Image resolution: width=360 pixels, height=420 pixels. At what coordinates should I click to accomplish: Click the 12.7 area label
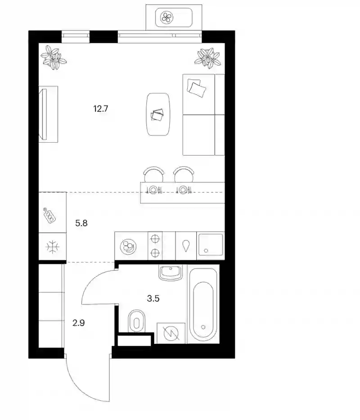point(101,109)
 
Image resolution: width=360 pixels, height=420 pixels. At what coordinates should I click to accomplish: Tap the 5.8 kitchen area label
point(81,223)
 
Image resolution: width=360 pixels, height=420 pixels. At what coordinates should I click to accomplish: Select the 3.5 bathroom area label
point(153,298)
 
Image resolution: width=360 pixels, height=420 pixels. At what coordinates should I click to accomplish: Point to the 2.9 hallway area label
point(78,323)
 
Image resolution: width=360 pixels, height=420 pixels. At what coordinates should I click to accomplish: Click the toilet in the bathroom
point(137,321)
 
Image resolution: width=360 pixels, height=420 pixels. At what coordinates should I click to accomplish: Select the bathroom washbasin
point(171,273)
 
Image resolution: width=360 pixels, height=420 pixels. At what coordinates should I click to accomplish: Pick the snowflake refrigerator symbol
point(53,247)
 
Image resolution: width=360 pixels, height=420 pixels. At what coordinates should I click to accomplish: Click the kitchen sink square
point(211,245)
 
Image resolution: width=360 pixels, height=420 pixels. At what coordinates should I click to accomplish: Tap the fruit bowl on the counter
point(128,246)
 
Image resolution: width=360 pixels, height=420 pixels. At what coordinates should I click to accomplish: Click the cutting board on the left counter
point(49,215)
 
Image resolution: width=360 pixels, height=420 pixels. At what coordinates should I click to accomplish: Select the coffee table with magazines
point(158,114)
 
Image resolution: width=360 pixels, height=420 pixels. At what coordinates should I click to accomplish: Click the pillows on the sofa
point(197,87)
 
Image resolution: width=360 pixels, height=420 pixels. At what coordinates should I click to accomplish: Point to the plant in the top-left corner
point(54,57)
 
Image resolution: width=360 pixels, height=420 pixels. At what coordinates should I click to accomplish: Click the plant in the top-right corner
point(208,57)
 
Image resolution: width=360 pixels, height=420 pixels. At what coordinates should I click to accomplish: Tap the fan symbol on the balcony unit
point(166,18)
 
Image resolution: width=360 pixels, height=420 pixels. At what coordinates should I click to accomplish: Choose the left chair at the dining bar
point(154,174)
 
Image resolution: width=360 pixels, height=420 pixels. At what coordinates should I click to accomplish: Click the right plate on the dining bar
point(183,190)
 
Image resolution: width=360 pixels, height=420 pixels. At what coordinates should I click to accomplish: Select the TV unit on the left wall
point(48,114)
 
